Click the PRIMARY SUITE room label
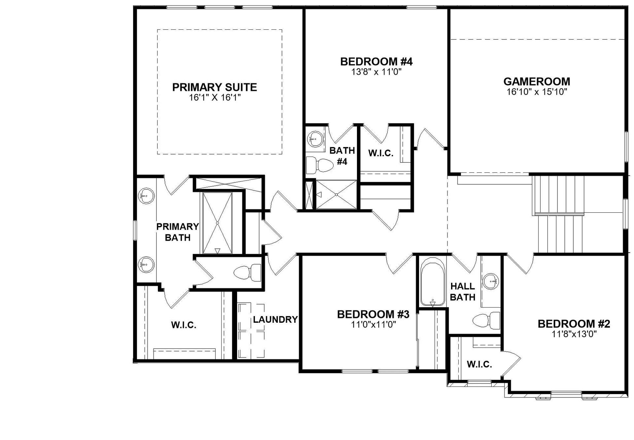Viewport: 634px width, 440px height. pyautogui.click(x=215, y=87)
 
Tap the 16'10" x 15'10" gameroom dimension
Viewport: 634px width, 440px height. pyautogui.click(x=537, y=92)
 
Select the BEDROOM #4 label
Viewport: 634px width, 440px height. pyautogui.click(x=376, y=61)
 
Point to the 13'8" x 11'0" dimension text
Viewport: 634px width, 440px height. pyautogui.click(x=376, y=72)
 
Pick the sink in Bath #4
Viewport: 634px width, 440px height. pyautogui.click(x=316, y=139)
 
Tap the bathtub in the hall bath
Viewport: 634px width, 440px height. pyautogui.click(x=433, y=282)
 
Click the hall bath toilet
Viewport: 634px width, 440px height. pyautogui.click(x=486, y=320)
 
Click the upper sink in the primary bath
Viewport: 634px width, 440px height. pyautogui.click(x=146, y=196)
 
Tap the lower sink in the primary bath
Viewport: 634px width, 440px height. pyautogui.click(x=146, y=264)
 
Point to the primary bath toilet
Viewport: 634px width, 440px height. pyautogui.click(x=247, y=273)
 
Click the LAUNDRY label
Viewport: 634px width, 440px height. pyautogui.click(x=275, y=319)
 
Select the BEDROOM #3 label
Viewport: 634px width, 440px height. pyautogui.click(x=373, y=314)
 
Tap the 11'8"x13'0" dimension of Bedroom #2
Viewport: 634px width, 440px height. pyautogui.click(x=574, y=334)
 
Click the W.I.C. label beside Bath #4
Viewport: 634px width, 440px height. pyautogui.click(x=381, y=153)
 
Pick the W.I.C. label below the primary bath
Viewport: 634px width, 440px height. pyautogui.click(x=184, y=325)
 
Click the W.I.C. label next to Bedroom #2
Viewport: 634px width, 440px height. pyautogui.click(x=479, y=364)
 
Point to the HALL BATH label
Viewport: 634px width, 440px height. pyautogui.click(x=463, y=292)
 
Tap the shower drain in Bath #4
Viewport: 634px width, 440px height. pyautogui.click(x=336, y=195)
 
